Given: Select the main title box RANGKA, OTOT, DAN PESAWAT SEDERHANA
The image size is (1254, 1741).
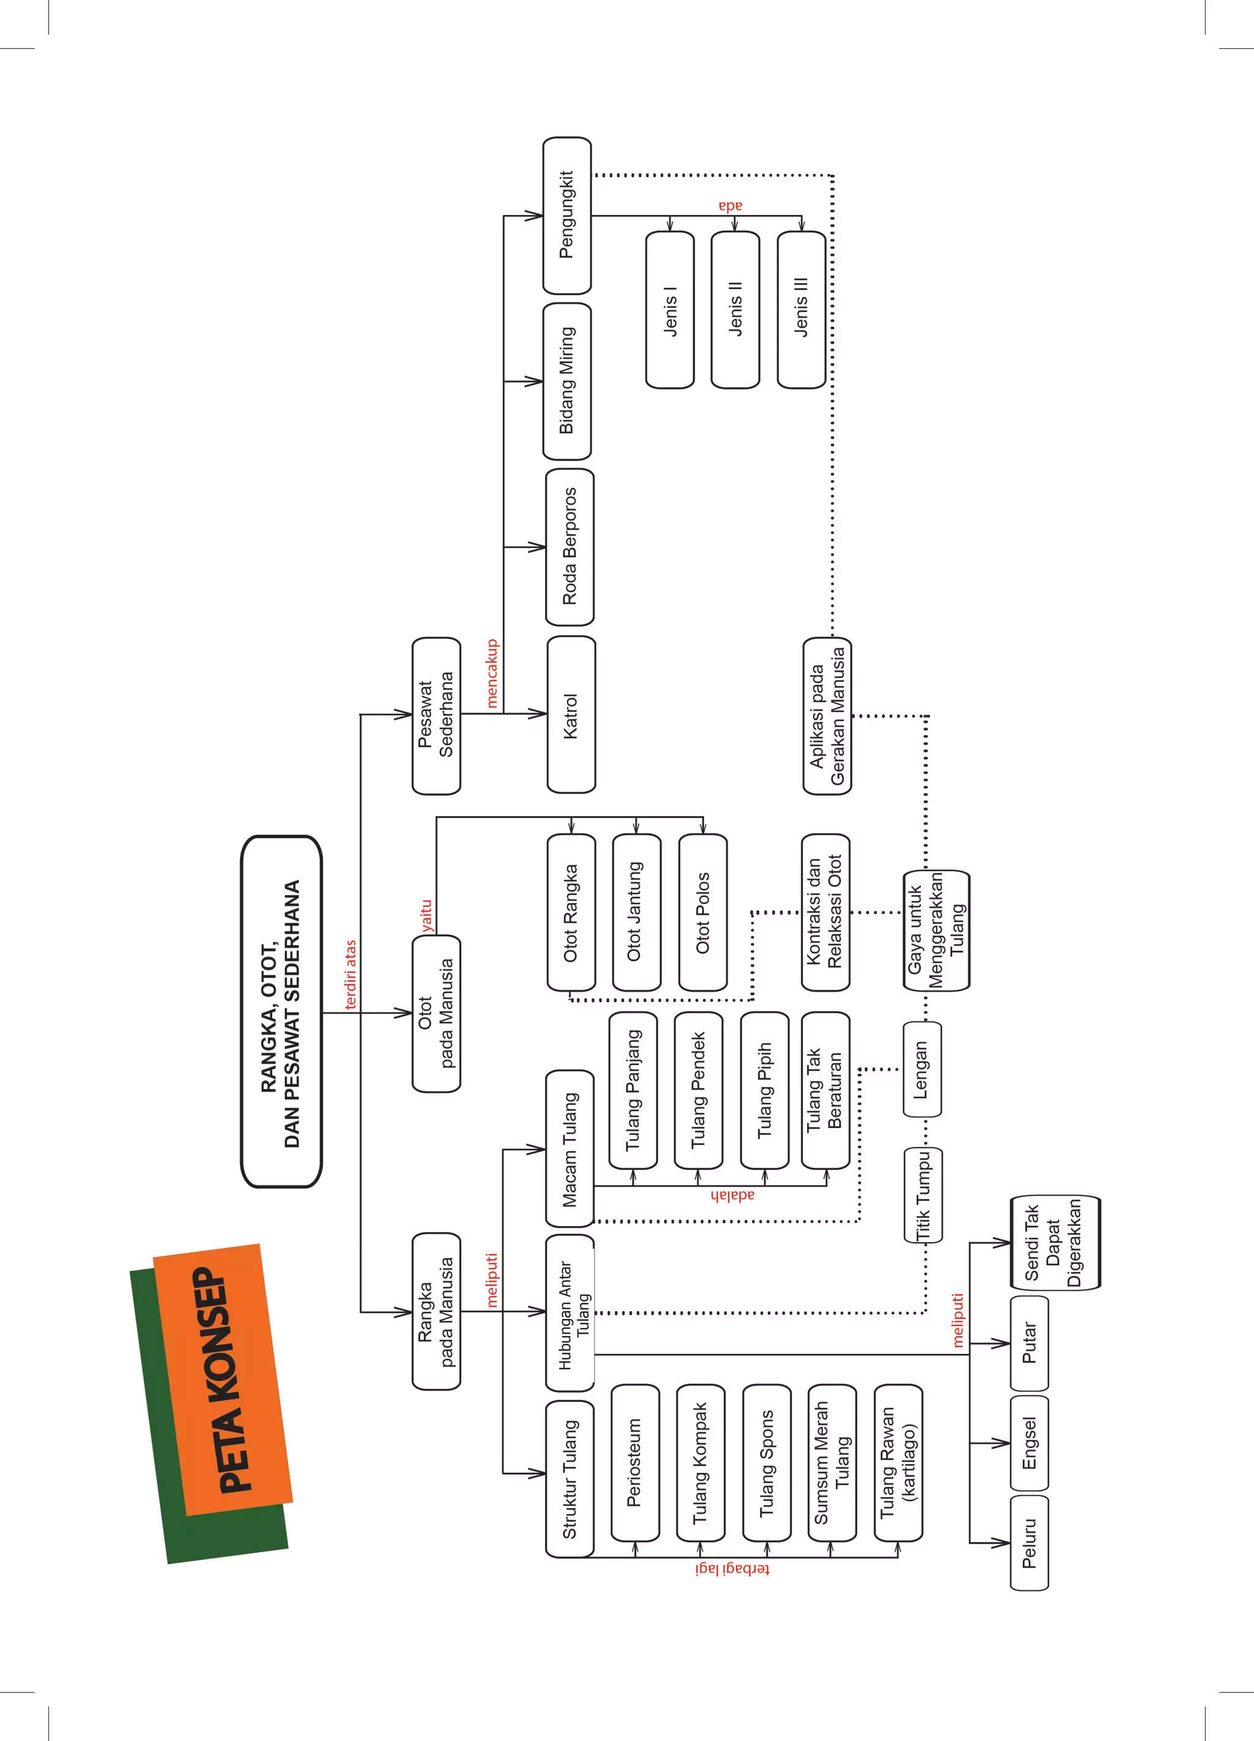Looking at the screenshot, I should pos(281,1012).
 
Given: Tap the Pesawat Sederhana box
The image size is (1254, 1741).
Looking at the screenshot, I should pos(436,716).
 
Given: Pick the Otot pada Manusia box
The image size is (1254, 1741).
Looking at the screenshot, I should pos(436,1013).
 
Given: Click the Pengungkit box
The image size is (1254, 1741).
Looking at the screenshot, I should pos(567,215).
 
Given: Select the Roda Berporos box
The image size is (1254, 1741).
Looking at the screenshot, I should pos(569,546).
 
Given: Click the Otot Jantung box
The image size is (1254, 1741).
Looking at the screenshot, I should pos(636,912).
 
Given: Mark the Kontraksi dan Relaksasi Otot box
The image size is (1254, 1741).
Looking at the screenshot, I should pos(825,912).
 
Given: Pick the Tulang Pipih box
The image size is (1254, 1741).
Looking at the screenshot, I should pos(764,1090).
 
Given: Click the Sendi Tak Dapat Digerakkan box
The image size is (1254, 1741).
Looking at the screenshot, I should pos(1054,1243).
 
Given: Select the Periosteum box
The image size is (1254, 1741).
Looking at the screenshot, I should pos(635,1462).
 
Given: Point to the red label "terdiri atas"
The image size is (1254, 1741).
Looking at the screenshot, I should pos(351,974).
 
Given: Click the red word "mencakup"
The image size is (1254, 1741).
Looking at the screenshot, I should pos(492,673).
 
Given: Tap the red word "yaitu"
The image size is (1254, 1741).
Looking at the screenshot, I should pos(427,916).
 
